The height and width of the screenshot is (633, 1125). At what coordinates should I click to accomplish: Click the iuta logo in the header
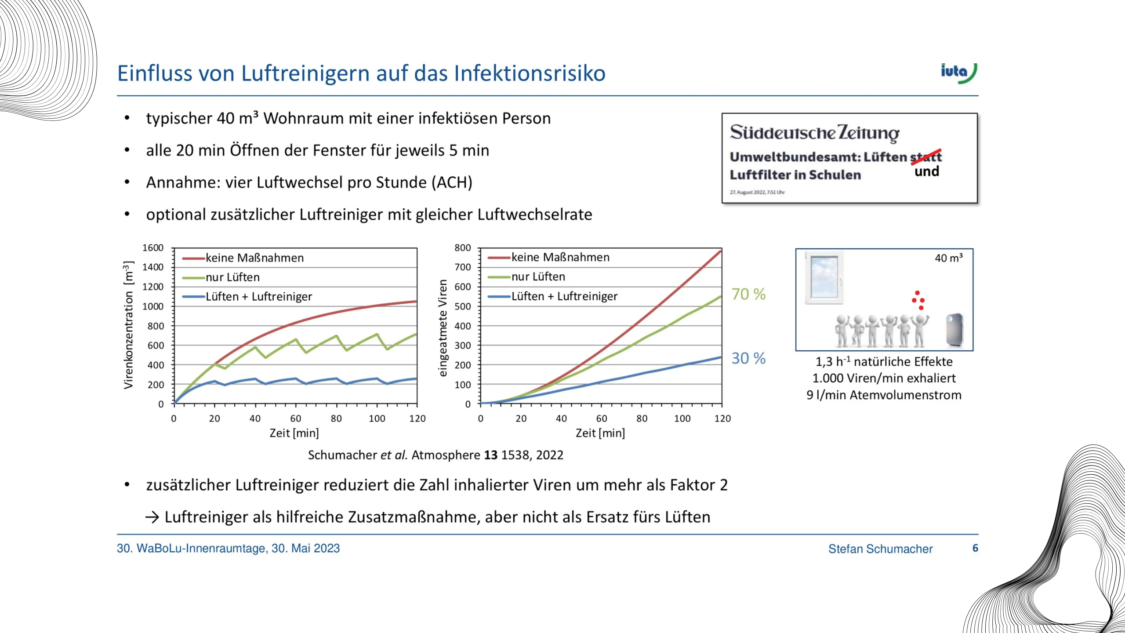pyautogui.click(x=958, y=73)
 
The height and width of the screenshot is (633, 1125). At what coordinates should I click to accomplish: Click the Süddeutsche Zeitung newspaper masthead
pyautogui.click(x=815, y=133)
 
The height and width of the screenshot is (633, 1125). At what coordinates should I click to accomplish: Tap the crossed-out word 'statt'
pyautogui.click(x=926, y=156)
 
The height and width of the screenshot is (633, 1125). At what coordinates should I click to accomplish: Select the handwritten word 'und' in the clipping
pyautogui.click(x=927, y=171)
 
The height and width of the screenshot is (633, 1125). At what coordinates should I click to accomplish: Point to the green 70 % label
pyautogui.click(x=748, y=294)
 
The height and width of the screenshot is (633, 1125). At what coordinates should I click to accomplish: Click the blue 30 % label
pyautogui.click(x=748, y=358)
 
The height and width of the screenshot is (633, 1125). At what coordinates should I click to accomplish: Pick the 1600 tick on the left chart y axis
pyautogui.click(x=153, y=248)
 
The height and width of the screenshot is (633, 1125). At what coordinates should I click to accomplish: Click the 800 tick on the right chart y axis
pyautogui.click(x=462, y=248)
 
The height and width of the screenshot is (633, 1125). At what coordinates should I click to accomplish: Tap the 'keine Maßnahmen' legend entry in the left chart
pyautogui.click(x=243, y=258)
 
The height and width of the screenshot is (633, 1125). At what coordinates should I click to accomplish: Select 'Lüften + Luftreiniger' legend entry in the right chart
pyautogui.click(x=552, y=296)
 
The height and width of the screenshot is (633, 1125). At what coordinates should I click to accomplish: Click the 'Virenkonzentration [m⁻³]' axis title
pyautogui.click(x=128, y=325)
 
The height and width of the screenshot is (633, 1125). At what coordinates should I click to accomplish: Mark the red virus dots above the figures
pyautogui.click(x=918, y=300)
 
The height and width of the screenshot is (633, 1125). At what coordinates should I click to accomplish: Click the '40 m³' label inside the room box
pyautogui.click(x=949, y=258)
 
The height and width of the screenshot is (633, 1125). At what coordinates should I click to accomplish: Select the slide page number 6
pyautogui.click(x=975, y=548)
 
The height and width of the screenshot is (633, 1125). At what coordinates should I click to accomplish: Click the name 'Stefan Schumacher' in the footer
pyautogui.click(x=880, y=549)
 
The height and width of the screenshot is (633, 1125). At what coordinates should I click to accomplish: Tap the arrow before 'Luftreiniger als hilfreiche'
pyautogui.click(x=152, y=517)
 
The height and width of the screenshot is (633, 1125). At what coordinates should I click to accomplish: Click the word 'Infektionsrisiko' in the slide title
pyautogui.click(x=530, y=73)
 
